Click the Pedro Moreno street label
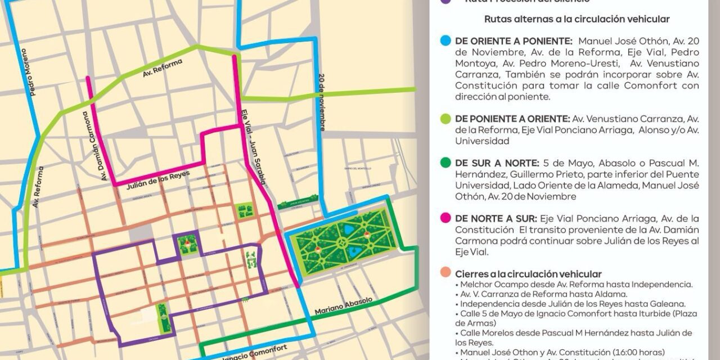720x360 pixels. [x=25, y=71]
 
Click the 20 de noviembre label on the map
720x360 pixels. [x=321, y=102]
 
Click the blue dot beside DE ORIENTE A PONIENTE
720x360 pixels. [x=446, y=41]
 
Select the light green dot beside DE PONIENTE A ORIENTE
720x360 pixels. [x=446, y=119]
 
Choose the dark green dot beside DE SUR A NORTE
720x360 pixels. [x=446, y=163]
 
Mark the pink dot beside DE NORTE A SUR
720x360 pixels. [x=446, y=218]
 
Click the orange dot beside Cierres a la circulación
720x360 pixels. [x=446, y=274]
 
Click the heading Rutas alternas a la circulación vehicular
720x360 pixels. [x=577, y=19]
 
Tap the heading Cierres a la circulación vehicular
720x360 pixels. [x=528, y=274]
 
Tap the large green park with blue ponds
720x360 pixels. [x=344, y=240]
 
